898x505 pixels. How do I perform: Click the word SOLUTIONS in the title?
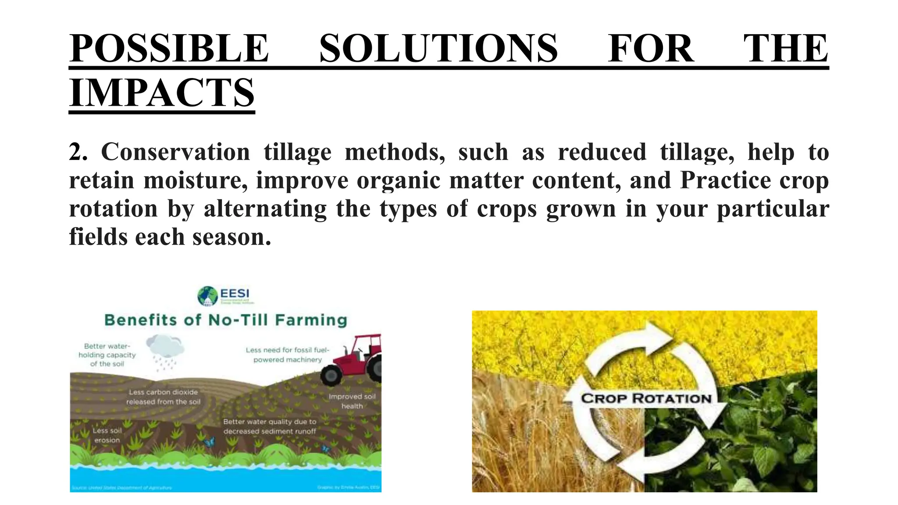(438, 48)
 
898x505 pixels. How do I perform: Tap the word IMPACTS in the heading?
(162, 92)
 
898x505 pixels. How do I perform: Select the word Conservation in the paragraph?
(175, 152)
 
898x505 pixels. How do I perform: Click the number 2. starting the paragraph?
(78, 152)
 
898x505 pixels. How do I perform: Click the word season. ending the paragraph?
(232, 237)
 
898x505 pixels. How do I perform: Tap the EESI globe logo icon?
(207, 296)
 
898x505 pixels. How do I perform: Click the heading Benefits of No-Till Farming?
(225, 320)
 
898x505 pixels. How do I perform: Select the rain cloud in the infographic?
(165, 346)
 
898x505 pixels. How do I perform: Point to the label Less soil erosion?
(107, 435)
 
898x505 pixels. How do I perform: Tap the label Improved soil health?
(352, 401)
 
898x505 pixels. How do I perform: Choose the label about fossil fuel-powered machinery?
(287, 355)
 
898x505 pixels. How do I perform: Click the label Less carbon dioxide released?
(163, 397)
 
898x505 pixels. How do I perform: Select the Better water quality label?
(270, 426)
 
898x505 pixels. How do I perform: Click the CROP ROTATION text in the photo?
(646, 398)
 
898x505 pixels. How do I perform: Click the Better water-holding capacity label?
(107, 355)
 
